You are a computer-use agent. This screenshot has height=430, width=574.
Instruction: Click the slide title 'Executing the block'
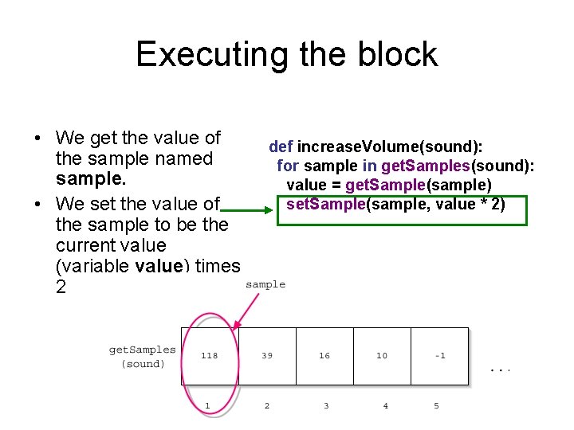coord(287,54)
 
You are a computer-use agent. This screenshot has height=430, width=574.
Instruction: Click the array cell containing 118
coord(209,356)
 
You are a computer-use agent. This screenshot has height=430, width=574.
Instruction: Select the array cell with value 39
coord(267,356)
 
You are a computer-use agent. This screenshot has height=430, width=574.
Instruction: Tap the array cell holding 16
coord(324,356)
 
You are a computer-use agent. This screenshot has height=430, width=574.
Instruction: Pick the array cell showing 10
coord(382,356)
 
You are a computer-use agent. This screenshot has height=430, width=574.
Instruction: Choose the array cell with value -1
coord(439,356)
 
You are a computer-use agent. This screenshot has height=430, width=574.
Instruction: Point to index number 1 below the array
coord(208,406)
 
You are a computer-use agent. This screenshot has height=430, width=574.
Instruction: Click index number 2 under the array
coord(267,406)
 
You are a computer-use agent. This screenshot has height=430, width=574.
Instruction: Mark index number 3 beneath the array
coord(326,406)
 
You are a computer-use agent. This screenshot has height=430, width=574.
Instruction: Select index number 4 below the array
coord(385,406)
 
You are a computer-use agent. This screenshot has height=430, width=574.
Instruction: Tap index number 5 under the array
coord(436,406)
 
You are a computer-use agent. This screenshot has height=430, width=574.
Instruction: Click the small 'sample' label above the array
coord(265,284)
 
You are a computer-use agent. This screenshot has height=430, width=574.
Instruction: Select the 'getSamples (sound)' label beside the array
coord(143,357)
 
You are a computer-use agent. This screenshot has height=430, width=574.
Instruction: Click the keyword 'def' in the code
coord(281,147)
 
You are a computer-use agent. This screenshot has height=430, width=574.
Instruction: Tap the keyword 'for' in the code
coord(287,166)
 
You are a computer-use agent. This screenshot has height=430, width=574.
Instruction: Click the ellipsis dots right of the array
coord(499,369)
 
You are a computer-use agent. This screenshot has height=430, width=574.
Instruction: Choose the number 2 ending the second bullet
coord(61,287)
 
